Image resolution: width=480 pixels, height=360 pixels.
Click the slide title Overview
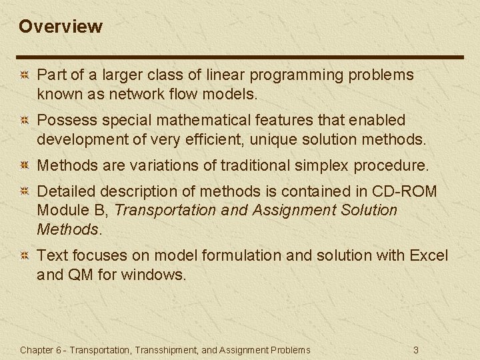61,27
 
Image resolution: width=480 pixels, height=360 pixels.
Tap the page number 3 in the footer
416,350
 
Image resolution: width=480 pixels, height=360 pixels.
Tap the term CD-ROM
404,191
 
